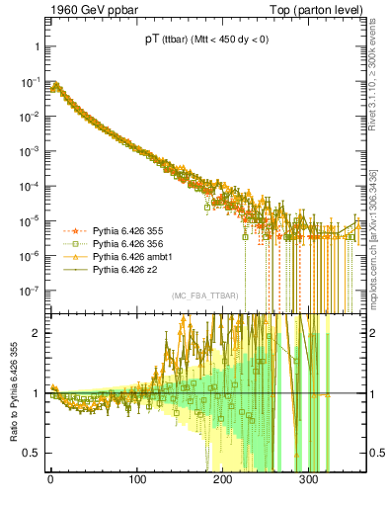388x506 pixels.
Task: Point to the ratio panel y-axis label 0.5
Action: tap(30, 453)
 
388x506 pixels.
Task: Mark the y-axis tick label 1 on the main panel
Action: tap(34, 47)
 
